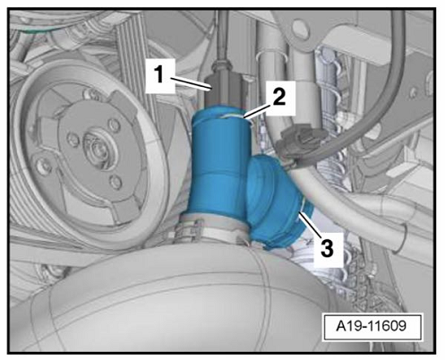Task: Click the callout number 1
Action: click(x=159, y=74)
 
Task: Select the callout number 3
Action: click(x=328, y=249)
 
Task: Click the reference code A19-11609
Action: click(x=371, y=325)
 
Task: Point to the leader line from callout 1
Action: click(x=192, y=83)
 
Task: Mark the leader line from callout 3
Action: click(x=310, y=224)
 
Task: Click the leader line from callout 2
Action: click(x=258, y=112)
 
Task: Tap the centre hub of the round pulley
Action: click(x=97, y=147)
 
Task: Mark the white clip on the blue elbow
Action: click(x=303, y=207)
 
